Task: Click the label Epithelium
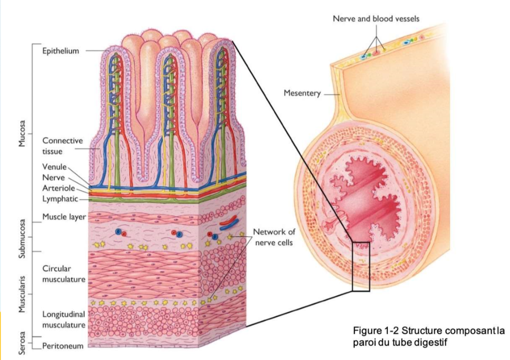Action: coord(60,51)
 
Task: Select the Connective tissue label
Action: coord(62,146)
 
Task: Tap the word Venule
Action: coord(55,167)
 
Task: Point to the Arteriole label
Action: coord(59,188)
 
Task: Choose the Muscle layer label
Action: coord(64,216)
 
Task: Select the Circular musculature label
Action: coord(64,274)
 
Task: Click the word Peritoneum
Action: coord(63,346)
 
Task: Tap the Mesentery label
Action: coord(302,93)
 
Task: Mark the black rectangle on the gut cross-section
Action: coord(361,267)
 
